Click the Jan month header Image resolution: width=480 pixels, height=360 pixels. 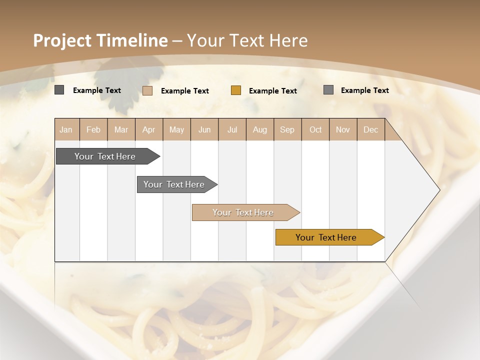pos(66,129)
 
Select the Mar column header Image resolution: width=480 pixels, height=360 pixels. pos(121,129)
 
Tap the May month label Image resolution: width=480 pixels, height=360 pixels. pos(176,129)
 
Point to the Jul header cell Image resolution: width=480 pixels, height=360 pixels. pos(232,129)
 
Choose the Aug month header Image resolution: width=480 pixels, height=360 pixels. pos(259,129)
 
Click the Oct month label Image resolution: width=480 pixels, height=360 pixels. pos(315,129)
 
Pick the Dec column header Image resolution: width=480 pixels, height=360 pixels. pos(370,129)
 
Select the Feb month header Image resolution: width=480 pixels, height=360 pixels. pos(93,129)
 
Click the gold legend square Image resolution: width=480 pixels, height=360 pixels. pos(236,90)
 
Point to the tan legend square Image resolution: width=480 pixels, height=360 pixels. pos(147,90)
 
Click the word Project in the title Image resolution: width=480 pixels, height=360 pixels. pos(62,40)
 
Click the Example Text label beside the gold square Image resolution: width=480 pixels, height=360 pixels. pos(272,91)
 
